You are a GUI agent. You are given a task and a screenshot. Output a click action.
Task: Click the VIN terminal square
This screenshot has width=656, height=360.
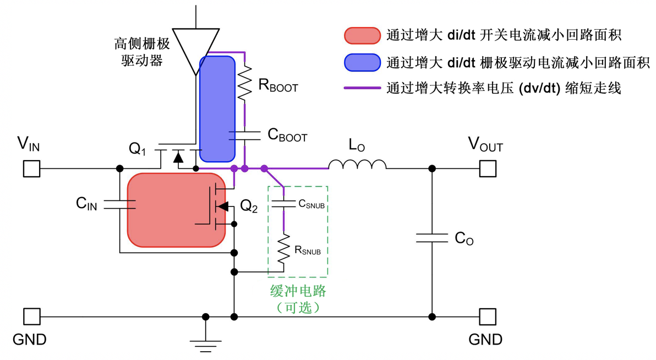(x=31, y=168)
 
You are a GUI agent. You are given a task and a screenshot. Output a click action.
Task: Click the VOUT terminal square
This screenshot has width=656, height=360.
(x=488, y=168)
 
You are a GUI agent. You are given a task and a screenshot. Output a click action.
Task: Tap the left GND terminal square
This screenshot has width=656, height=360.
(x=31, y=317)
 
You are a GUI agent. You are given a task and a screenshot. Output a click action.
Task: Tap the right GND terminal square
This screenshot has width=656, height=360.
(x=488, y=317)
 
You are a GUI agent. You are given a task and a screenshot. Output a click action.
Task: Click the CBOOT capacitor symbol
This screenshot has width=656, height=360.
(x=244, y=135)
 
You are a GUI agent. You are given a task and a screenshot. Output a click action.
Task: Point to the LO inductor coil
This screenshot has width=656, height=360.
(x=357, y=164)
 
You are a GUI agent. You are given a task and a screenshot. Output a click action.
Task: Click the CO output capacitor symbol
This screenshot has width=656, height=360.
(x=432, y=238)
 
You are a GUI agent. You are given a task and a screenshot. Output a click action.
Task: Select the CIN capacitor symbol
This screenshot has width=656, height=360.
(x=119, y=205)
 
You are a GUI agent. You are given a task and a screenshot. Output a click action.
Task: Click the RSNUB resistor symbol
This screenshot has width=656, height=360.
(x=283, y=249)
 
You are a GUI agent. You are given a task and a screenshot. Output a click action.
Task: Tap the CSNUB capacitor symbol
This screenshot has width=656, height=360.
(x=283, y=204)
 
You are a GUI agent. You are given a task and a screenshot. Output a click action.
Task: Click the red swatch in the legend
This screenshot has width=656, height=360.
(x=362, y=36)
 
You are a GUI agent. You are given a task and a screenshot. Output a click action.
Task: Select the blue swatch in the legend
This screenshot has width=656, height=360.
(x=362, y=62)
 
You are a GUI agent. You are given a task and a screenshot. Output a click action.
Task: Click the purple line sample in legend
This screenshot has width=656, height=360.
(x=362, y=88)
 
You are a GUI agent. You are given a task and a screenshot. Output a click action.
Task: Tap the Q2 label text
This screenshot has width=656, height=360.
(x=249, y=207)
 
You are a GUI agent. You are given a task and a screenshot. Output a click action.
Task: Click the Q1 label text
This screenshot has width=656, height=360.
(x=138, y=149)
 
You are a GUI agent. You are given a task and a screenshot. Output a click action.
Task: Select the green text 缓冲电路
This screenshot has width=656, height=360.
(x=298, y=291)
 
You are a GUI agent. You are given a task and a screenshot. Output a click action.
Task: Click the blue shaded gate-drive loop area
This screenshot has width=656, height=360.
(x=217, y=107)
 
